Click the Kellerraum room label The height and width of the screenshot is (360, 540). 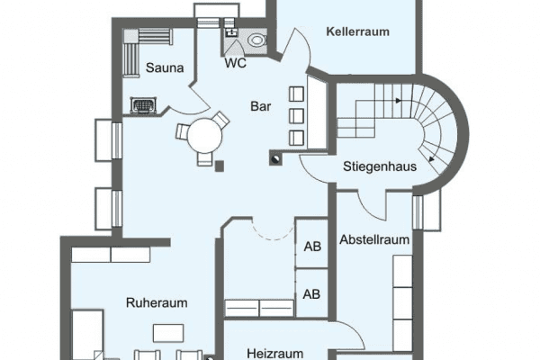pyautogui.click(x=357, y=31)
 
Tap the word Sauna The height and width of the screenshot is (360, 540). pyautogui.click(x=165, y=67)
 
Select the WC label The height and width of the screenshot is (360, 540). pyautogui.click(x=236, y=63)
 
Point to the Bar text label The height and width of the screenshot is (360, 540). pyautogui.click(x=261, y=106)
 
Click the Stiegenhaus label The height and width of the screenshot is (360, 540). pyautogui.click(x=380, y=166)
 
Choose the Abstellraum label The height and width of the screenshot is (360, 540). pyautogui.click(x=374, y=239)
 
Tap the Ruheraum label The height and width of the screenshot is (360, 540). pyautogui.click(x=157, y=302)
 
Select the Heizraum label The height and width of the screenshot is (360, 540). pyautogui.click(x=274, y=354)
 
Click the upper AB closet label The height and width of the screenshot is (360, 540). pyautogui.click(x=312, y=247)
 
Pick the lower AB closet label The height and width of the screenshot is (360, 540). pyautogui.click(x=311, y=294)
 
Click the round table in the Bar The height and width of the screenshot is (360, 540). pyautogui.click(x=204, y=136)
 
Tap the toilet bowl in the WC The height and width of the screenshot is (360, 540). pyautogui.click(x=256, y=40)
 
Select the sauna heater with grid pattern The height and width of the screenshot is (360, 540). pyautogui.click(x=143, y=105)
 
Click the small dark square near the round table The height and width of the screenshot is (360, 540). pyautogui.click(x=220, y=166)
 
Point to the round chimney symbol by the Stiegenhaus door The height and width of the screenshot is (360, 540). pyautogui.click(x=276, y=159)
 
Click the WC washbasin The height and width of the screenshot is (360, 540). pyautogui.click(x=231, y=32)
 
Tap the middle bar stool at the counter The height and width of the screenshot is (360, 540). pyautogui.click(x=296, y=116)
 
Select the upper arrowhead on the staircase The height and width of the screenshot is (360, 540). pyautogui.click(x=399, y=101)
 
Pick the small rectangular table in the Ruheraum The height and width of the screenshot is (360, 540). pyautogui.click(x=168, y=333)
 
